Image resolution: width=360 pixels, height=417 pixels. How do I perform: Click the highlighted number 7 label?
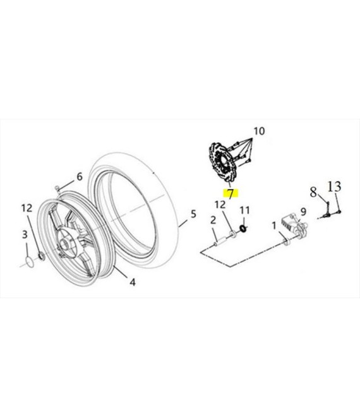pos(231,194)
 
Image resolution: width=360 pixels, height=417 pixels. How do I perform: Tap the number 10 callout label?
pos(259,131)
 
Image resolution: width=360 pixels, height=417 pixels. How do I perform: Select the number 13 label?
pos(333,186)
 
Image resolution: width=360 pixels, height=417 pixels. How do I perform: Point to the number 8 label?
pos(313,191)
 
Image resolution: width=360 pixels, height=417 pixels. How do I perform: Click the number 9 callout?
pos(303,212)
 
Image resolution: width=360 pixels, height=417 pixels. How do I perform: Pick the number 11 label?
pos(244,210)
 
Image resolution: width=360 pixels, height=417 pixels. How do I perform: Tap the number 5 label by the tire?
pos(193,214)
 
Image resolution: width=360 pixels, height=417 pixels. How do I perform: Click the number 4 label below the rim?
pos(133,282)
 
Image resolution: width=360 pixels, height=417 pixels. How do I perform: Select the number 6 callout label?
pos(80,176)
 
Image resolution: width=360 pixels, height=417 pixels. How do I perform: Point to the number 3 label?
pos(25,234)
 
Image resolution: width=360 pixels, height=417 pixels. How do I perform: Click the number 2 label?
pos(213,221)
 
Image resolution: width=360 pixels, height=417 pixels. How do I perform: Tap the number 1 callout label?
pos(274,226)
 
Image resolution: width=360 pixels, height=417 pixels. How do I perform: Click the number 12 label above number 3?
pos(27,208)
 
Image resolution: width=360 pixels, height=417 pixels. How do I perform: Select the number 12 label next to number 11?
pos(220,205)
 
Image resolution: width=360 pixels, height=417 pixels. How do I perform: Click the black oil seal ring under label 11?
pos(243,228)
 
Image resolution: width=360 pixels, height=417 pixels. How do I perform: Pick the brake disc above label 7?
pos(221,162)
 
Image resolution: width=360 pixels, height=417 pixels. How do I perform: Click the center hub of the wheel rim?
pos(65,243)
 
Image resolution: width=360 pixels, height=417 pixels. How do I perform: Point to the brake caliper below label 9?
pos(294,227)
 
